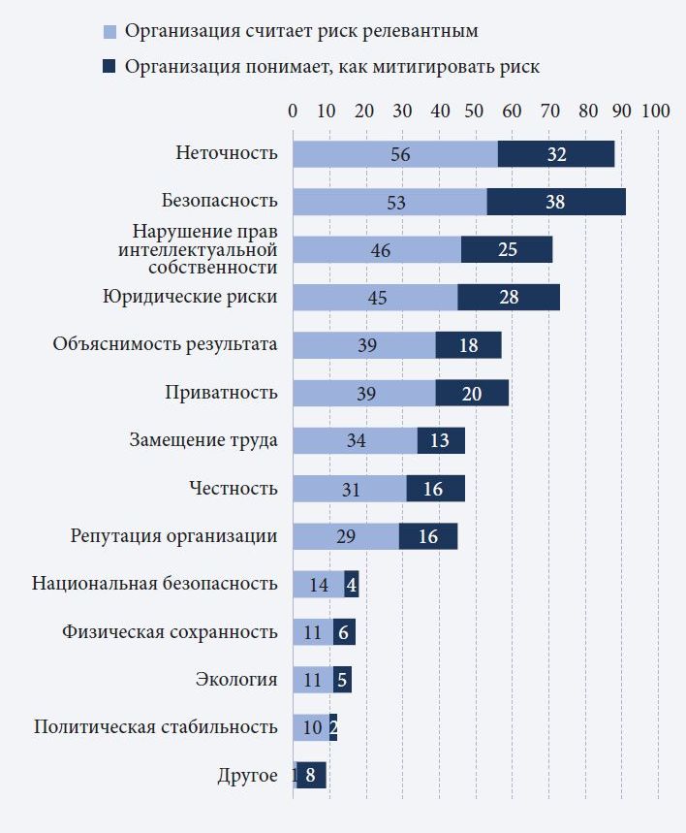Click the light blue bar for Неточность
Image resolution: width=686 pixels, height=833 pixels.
(x=395, y=154)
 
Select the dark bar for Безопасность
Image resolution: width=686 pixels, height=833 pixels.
(x=556, y=202)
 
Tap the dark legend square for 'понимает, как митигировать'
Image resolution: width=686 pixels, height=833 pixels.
(x=109, y=67)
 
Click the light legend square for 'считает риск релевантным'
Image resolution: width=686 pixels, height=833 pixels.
(x=109, y=32)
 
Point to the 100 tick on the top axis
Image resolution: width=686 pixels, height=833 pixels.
(x=656, y=112)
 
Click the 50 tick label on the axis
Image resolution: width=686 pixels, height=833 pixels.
(x=475, y=112)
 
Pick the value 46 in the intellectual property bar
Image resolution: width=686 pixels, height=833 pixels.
(x=380, y=250)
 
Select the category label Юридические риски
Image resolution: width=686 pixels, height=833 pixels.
(x=190, y=297)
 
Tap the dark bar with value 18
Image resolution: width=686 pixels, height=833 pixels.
(x=468, y=345)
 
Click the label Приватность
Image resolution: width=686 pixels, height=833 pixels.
(x=221, y=393)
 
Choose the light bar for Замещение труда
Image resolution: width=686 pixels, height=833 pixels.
(x=355, y=440)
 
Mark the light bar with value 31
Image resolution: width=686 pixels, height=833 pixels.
(x=350, y=489)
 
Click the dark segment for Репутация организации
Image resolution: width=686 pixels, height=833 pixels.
(x=428, y=536)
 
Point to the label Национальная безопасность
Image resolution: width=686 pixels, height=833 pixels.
(x=155, y=584)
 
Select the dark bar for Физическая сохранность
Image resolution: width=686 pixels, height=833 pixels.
(x=344, y=631)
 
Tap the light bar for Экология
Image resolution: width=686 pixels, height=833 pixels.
(x=312, y=680)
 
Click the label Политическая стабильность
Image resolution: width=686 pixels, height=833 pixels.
(x=156, y=727)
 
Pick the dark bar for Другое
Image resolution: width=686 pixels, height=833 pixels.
(x=311, y=776)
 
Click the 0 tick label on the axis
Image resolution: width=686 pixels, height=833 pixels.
(x=293, y=112)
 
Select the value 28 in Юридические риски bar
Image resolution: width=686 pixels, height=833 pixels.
(x=508, y=298)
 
